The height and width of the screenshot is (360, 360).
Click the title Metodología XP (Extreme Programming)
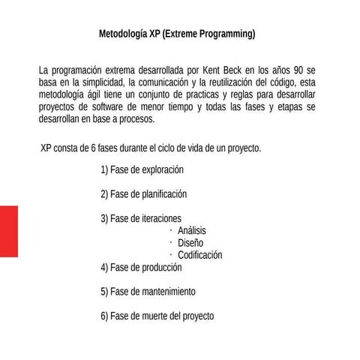pyautogui.click(x=177, y=34)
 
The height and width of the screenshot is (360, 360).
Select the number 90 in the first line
pyautogui.click(x=293, y=70)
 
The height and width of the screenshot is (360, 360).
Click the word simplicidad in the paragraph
pyautogui.click(x=102, y=82)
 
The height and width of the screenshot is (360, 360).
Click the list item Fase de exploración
pyautogui.click(x=142, y=169)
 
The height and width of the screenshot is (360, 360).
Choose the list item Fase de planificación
pyautogui.click(x=143, y=194)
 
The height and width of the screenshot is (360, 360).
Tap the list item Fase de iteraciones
pyautogui.click(x=141, y=218)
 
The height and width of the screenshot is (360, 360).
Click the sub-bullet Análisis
pyautogui.click(x=192, y=230)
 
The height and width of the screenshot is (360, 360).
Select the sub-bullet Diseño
pyautogui.click(x=190, y=242)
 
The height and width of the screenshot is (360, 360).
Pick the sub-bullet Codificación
pyautogui.click(x=199, y=255)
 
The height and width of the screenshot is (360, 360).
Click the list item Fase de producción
pyautogui.click(x=141, y=267)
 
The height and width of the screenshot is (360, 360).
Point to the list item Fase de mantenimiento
pyautogui.click(x=148, y=291)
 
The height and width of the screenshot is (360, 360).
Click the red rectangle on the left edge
pyautogui.click(x=8, y=230)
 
